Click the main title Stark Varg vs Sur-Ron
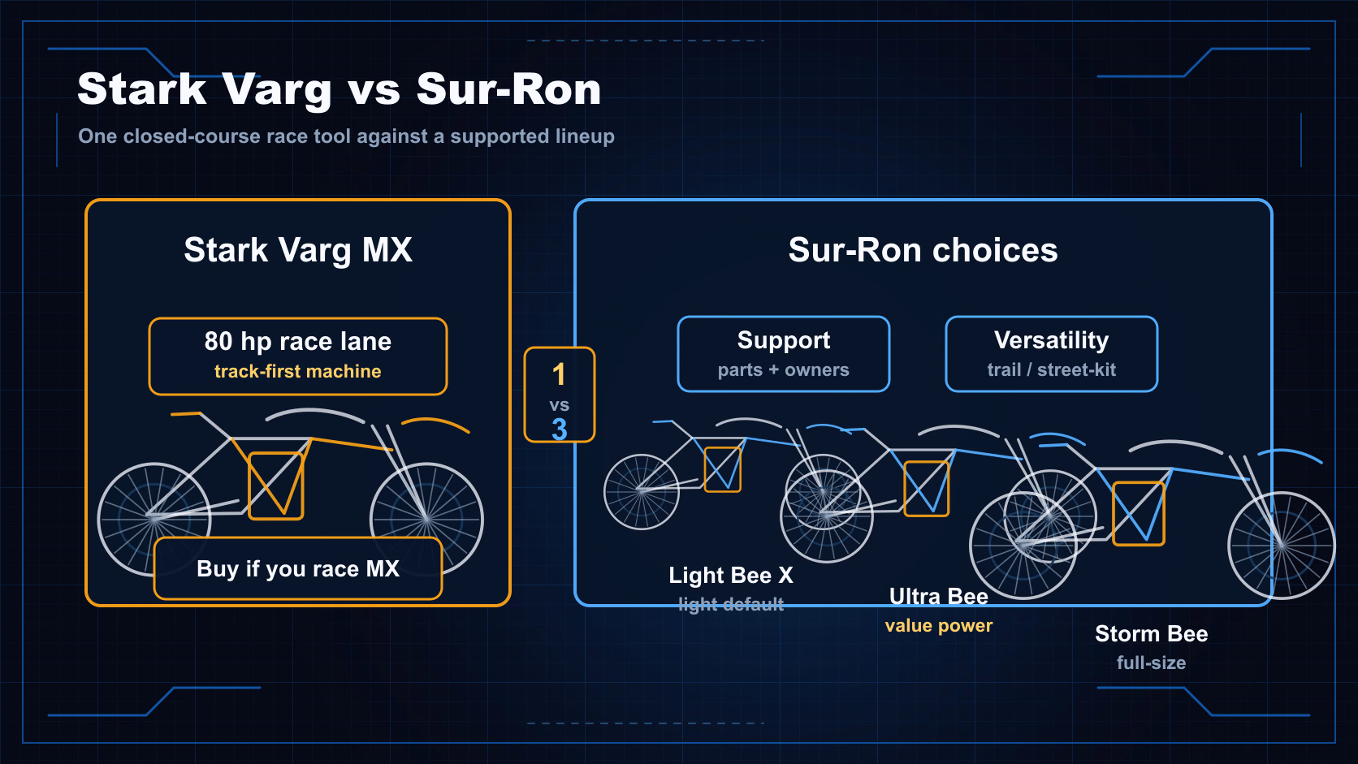(x=339, y=89)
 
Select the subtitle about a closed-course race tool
(x=346, y=136)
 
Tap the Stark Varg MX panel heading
(x=298, y=249)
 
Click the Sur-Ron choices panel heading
(x=923, y=249)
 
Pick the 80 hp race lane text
(x=297, y=341)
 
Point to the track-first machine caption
(x=297, y=371)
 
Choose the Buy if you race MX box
(x=297, y=568)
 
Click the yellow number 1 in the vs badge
(x=559, y=374)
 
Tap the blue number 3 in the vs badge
(x=559, y=429)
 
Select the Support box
(x=783, y=354)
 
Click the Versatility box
(x=1051, y=354)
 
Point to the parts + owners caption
(x=783, y=369)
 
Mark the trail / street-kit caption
(x=1051, y=369)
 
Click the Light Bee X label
(x=730, y=575)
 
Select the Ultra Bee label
(x=938, y=597)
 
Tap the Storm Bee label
(x=1151, y=634)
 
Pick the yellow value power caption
(x=938, y=625)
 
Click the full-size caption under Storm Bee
(x=1151, y=663)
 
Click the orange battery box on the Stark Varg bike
(x=276, y=486)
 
